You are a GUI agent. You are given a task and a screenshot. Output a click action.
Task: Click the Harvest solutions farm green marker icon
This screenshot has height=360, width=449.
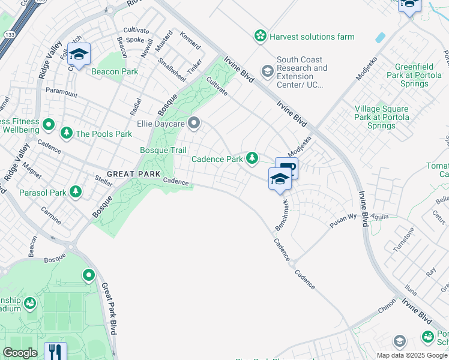coord(261,37)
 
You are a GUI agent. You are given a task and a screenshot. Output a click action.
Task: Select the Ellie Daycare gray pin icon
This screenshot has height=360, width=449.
coord(194,124)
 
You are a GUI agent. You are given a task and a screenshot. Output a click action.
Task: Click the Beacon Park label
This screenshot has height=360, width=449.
coord(115,71)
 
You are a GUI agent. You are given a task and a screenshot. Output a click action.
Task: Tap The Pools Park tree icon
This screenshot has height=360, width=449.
coord(66,133)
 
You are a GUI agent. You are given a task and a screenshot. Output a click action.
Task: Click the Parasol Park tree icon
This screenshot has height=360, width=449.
coord(76,191)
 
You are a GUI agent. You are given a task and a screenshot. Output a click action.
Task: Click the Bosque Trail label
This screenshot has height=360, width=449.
coord(163,150)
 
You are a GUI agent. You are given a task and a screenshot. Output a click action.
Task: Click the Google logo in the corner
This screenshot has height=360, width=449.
coord(20,353)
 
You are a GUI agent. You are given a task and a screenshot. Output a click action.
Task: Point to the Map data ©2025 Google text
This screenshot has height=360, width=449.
coord(412,355)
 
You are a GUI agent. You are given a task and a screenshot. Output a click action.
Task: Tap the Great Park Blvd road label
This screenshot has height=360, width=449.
coord(109,309)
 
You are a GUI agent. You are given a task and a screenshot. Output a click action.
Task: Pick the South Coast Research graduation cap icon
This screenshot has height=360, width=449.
coord(267,72)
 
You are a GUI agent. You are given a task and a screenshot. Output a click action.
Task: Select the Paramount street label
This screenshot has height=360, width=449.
coord(61,92)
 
